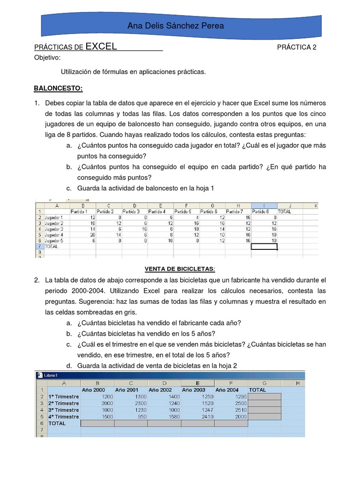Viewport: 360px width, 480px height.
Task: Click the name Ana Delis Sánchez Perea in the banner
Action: point(176,26)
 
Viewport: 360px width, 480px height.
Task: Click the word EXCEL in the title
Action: point(101,46)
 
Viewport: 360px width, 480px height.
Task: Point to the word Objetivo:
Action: point(47,58)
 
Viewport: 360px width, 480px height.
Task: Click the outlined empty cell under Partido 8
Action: point(264,246)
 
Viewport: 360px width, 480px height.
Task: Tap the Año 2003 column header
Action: point(194,390)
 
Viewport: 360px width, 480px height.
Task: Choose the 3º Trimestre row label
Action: point(64,410)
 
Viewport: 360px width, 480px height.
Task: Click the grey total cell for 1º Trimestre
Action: point(265,397)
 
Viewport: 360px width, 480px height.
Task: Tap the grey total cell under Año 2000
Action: point(97,423)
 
